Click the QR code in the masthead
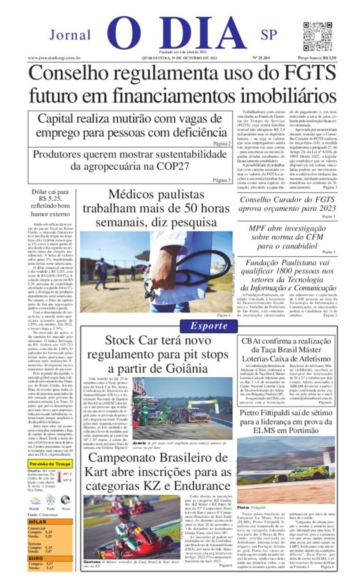[317, 36]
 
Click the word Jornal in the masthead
[70, 35]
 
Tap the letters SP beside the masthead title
[269, 35]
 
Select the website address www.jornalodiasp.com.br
[54, 58]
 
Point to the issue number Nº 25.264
[261, 58]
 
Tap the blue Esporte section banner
[209, 326]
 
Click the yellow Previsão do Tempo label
[50, 464]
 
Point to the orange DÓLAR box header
[37, 522]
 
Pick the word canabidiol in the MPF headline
[298, 246]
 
